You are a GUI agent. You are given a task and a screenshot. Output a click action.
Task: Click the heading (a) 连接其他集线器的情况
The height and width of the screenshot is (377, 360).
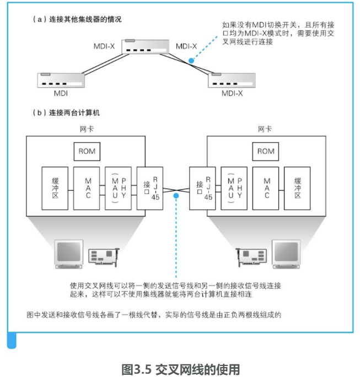[x=77, y=19]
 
